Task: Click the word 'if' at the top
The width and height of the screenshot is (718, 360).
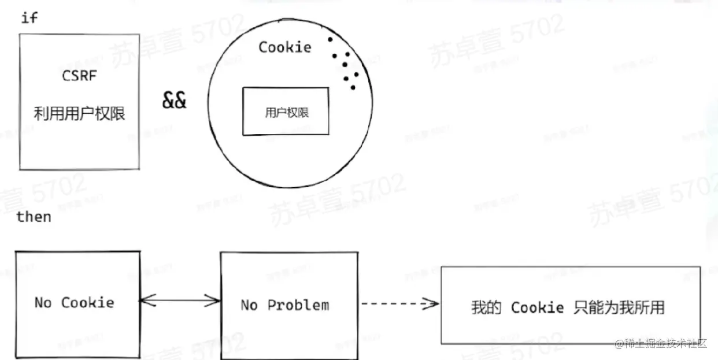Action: (29, 18)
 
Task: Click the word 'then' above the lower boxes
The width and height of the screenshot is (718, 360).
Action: (34, 217)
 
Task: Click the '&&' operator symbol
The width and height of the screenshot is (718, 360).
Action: (174, 101)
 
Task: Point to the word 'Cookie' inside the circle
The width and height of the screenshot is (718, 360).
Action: (284, 47)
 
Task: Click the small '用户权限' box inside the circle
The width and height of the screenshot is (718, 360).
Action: (286, 112)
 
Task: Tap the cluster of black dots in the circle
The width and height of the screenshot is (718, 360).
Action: (345, 64)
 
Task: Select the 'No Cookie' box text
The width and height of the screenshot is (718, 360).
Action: (74, 302)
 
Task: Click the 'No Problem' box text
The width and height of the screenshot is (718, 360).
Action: (285, 305)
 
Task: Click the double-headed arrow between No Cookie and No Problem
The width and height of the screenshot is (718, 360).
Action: (180, 300)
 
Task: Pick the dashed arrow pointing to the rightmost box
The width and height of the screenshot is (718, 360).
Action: (399, 304)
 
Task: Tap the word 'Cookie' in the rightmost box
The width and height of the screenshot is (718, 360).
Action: (537, 307)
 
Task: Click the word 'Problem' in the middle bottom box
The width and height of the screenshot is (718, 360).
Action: (298, 305)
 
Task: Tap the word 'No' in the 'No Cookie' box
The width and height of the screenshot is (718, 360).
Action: (43, 302)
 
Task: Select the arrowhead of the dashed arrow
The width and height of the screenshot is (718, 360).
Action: (431, 304)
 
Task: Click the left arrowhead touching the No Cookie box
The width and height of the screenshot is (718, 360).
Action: (145, 300)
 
